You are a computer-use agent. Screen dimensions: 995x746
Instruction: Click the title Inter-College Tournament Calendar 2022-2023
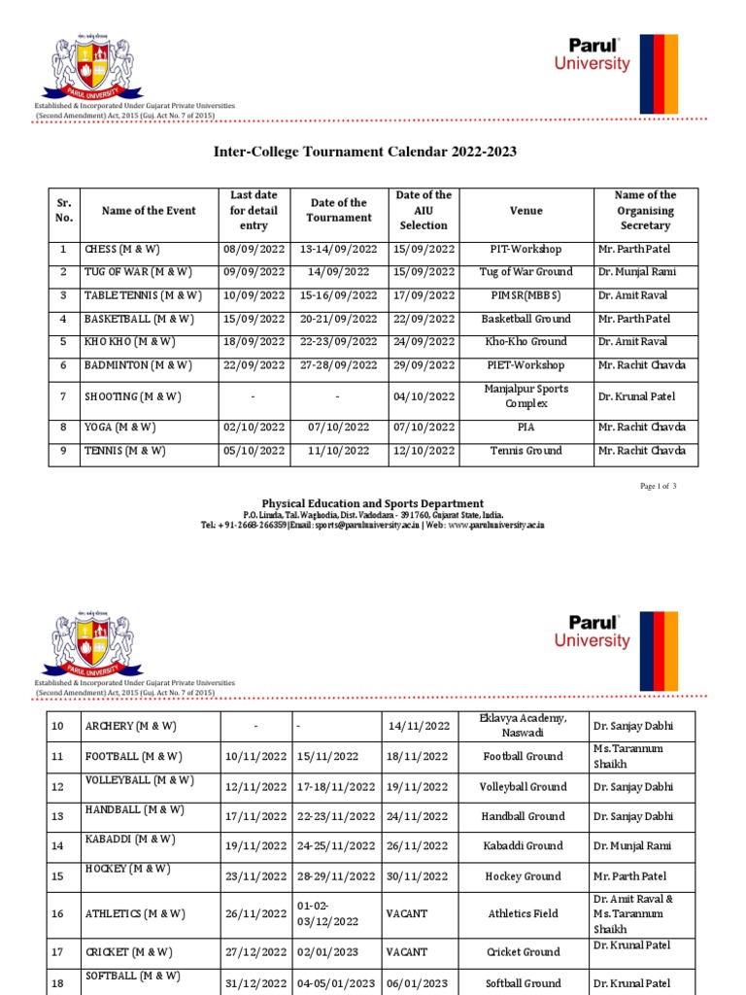point(364,152)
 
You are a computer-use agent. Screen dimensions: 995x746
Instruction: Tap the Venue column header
point(526,211)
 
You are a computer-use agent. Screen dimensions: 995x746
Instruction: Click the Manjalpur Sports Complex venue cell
point(526,396)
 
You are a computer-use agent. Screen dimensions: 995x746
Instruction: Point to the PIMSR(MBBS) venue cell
point(526,295)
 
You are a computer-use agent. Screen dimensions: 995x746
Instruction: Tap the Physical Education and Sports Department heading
point(372,503)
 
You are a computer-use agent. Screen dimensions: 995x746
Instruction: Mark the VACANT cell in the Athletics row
point(407,913)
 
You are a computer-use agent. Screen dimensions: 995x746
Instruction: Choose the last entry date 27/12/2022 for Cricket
point(255,952)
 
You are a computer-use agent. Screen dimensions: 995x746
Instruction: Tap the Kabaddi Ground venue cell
point(528,846)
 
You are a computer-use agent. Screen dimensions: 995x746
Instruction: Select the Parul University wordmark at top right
point(592,55)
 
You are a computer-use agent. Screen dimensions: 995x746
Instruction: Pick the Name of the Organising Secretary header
point(645,211)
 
